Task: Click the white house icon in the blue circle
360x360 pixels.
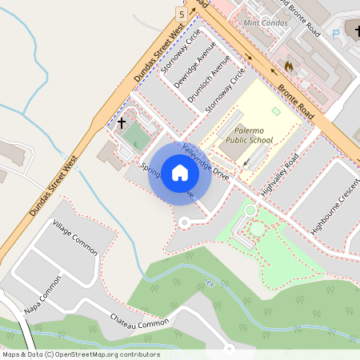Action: coord(180,173)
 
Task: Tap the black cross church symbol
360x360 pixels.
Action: coord(122,123)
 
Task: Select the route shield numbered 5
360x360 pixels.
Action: coord(182,14)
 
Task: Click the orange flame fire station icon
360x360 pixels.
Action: coord(288,63)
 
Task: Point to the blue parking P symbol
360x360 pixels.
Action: coord(336,34)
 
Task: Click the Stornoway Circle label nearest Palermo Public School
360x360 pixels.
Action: coord(226,89)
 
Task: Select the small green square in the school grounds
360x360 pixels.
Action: coord(276,111)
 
